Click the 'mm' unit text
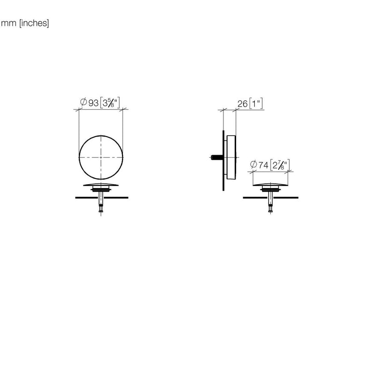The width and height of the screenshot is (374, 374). tap(8, 23)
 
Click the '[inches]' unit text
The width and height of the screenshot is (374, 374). tap(34, 23)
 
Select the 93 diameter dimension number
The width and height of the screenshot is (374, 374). tap(93, 103)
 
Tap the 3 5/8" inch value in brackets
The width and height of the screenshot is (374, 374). tap(110, 102)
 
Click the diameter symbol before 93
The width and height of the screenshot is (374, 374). tap(83, 102)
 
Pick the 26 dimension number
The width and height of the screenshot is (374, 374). tap(242, 104)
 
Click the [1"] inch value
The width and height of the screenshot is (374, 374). tap(256, 103)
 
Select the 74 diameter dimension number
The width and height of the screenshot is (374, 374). tap(263, 165)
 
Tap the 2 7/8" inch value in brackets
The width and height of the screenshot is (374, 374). tap(280, 165)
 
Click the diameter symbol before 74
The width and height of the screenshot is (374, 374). tap(253, 165)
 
